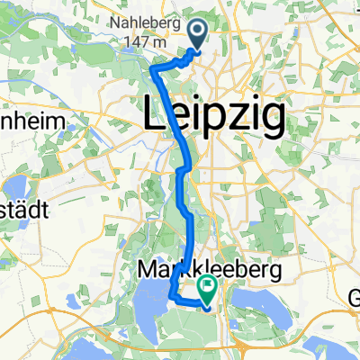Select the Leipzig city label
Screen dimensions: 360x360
214,115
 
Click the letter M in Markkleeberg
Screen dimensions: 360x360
148,268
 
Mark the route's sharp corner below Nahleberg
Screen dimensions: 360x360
153,68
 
